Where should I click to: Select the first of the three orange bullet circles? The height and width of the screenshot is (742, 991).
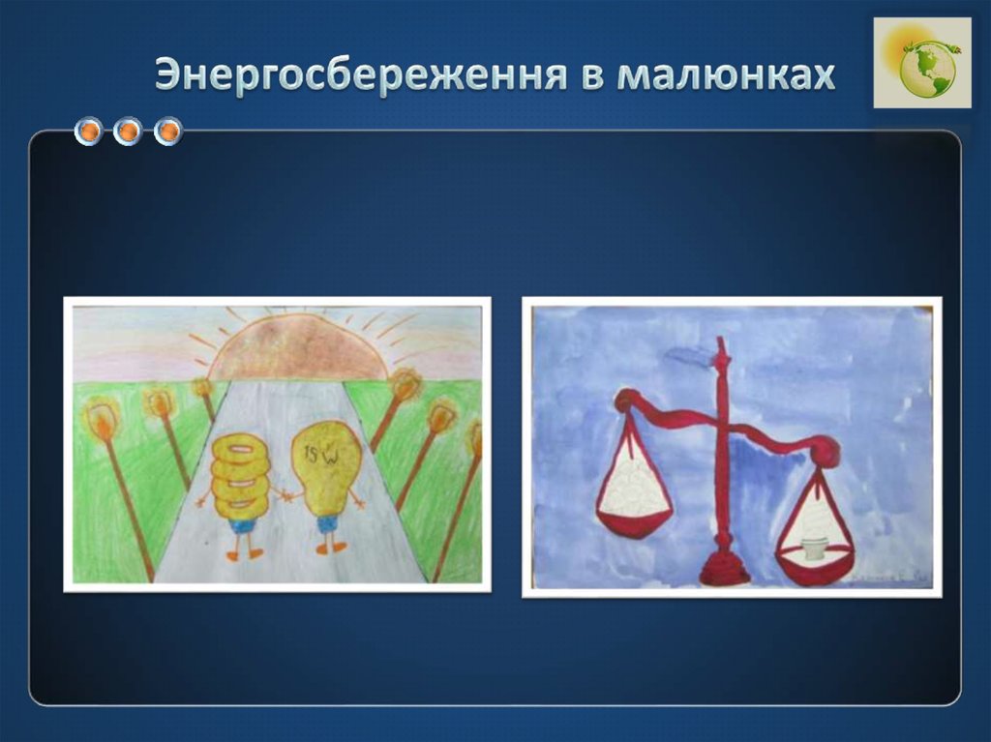pos(89,131)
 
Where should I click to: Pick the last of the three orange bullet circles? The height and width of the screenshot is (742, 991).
pos(168,131)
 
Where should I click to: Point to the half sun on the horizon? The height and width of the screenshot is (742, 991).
pos(296,349)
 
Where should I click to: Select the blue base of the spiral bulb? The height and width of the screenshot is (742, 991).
pos(242,525)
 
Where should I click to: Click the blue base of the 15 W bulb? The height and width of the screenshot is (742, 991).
pos(327,523)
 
